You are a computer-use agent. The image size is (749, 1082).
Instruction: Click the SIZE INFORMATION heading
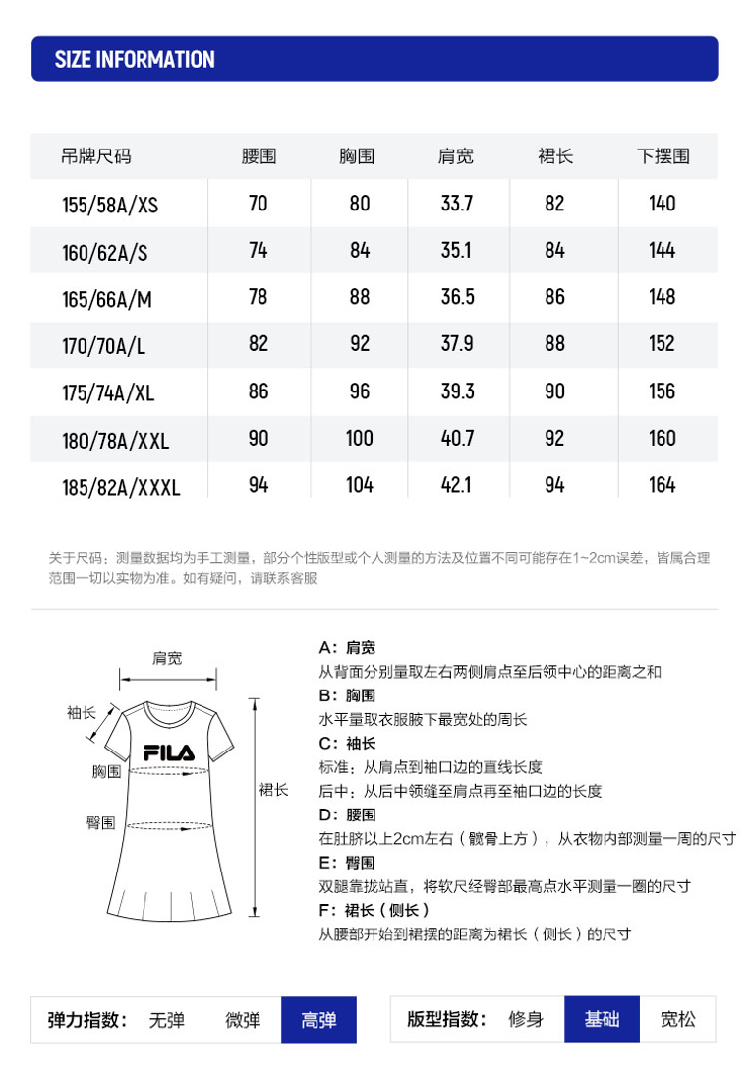pyautogui.click(x=135, y=59)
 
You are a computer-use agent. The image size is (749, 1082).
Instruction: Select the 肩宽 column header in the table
pyautogui.click(x=456, y=156)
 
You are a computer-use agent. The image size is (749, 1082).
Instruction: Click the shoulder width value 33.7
pyautogui.click(x=456, y=204)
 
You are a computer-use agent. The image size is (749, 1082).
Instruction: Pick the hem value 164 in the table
pyautogui.click(x=663, y=485)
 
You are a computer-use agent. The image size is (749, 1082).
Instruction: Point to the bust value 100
pyautogui.click(x=360, y=438)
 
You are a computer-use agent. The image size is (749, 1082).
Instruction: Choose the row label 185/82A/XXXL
pyautogui.click(x=121, y=486)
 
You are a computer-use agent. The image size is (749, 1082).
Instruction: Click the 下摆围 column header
pyautogui.click(x=663, y=156)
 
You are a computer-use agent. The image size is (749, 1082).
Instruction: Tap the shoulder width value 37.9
pyautogui.click(x=456, y=344)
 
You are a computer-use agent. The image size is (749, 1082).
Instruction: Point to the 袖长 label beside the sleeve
pyautogui.click(x=82, y=713)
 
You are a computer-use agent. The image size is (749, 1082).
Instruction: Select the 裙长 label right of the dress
pyautogui.click(x=273, y=790)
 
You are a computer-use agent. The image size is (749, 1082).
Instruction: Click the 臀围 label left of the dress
pyautogui.click(x=100, y=822)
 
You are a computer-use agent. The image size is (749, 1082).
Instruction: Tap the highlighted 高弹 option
pyautogui.click(x=318, y=1020)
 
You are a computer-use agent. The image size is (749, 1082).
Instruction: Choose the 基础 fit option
pyautogui.click(x=602, y=1019)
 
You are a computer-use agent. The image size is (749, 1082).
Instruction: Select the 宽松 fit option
pyautogui.click(x=678, y=1019)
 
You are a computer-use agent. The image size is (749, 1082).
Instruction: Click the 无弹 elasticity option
pyautogui.click(x=166, y=1020)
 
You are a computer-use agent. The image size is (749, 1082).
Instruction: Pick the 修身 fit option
pyautogui.click(x=526, y=1019)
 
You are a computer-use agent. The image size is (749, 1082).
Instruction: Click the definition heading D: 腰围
pyautogui.click(x=348, y=814)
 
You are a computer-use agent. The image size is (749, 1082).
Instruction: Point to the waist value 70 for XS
pyautogui.click(x=258, y=204)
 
